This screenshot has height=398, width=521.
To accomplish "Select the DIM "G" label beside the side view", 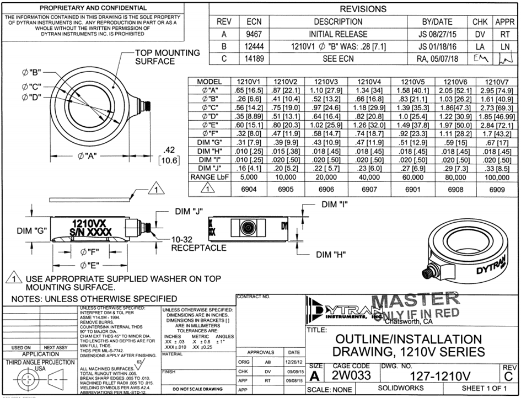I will click(x=33, y=230).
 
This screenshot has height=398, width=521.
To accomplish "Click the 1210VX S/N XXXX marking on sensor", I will click(x=91, y=227).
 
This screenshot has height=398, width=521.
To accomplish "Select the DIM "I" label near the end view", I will click(x=339, y=205).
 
